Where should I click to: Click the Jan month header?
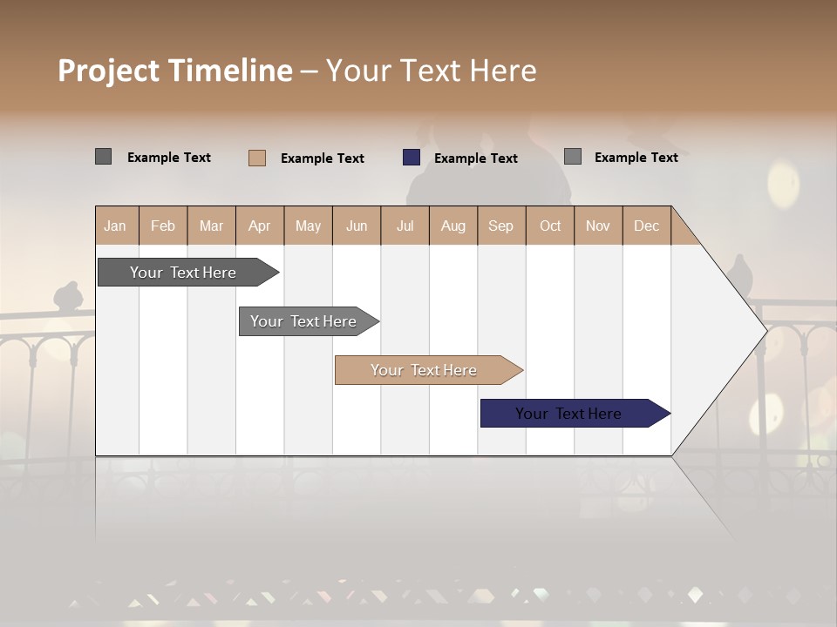coord(115,226)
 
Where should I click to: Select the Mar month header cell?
coord(211,226)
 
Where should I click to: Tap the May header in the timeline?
coord(308,226)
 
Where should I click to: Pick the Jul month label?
coord(405,226)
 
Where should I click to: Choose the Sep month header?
coord(500,226)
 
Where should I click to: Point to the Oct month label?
coord(550,226)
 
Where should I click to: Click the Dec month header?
coord(646,226)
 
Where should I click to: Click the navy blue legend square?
coord(412,158)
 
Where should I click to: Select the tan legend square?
coord(257,158)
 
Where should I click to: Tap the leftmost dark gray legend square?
coord(104,157)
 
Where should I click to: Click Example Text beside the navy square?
coord(475,158)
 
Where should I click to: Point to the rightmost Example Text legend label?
coord(636,158)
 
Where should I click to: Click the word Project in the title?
coord(109,71)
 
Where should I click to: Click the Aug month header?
coord(453,226)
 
